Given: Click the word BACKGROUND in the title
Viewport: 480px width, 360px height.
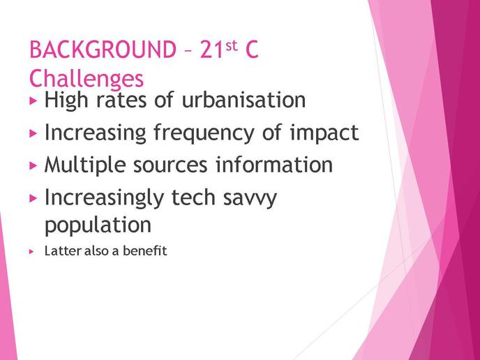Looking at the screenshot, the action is (103, 50).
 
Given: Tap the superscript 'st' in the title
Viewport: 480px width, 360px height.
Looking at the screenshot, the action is (232, 45).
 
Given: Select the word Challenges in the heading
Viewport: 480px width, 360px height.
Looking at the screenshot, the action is (87, 79).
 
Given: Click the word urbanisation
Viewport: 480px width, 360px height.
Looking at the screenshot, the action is (243, 100).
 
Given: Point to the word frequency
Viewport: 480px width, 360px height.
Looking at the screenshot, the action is (204, 133).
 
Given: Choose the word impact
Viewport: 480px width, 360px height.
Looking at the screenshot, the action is (324, 133).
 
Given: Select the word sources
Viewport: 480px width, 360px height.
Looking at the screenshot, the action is (170, 165).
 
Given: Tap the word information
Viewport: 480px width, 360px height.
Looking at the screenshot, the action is (274, 165).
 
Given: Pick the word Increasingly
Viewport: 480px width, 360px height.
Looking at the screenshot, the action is (104, 198).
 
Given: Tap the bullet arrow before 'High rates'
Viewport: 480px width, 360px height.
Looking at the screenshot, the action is (33, 100).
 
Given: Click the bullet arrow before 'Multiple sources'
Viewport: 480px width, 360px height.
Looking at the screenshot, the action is (33, 165).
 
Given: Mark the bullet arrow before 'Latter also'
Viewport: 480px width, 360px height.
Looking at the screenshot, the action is (31, 252).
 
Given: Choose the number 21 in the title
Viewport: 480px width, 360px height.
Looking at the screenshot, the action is (212, 50).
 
